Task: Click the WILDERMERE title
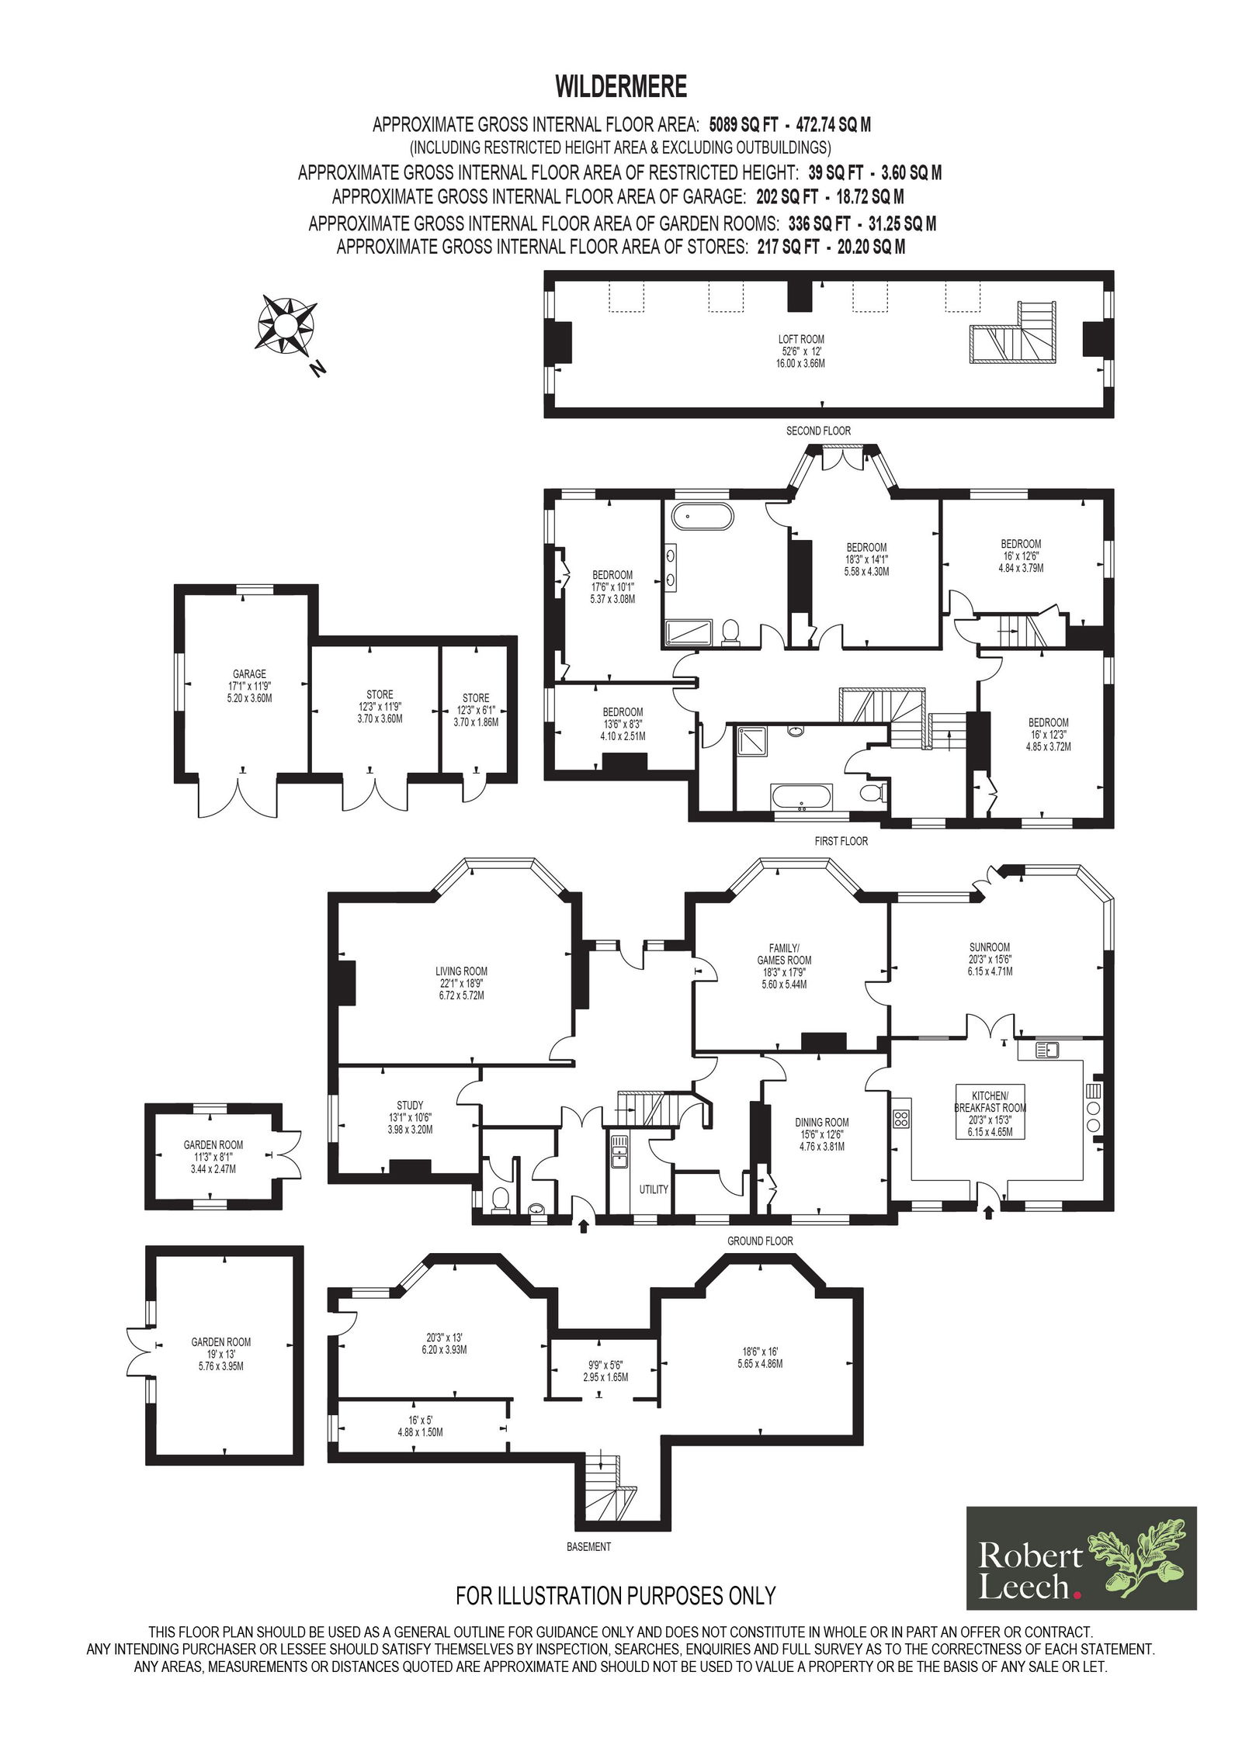click(621, 86)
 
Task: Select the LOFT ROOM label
click(801, 339)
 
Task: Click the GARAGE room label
click(249, 674)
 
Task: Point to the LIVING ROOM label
click(461, 971)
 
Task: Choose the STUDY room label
click(410, 1105)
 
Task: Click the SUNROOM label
click(990, 947)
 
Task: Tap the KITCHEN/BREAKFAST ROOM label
click(990, 1102)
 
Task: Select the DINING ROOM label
click(821, 1122)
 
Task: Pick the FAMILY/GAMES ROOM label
click(784, 954)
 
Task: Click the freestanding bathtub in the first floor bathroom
click(703, 517)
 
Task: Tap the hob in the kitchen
click(902, 1118)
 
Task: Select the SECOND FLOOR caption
click(818, 431)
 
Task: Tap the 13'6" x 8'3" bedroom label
click(623, 724)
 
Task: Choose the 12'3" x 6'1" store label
click(476, 709)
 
